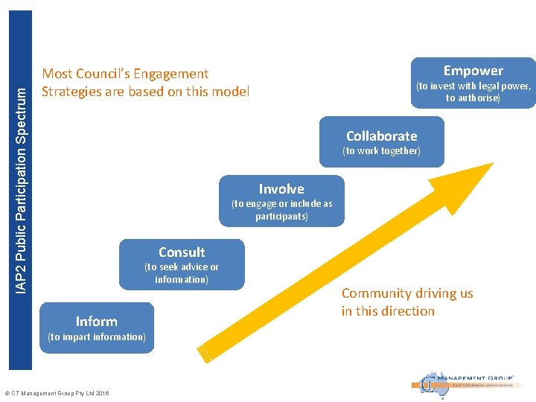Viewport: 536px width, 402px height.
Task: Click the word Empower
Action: [473, 71]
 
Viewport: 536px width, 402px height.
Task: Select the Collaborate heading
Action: [381, 135]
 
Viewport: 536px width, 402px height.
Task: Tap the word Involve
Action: [281, 188]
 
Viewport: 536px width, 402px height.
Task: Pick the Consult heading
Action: [182, 252]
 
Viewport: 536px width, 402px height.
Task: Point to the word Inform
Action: [96, 321]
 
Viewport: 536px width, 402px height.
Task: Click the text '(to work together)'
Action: [381, 151]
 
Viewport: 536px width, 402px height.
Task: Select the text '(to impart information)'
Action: [96, 337]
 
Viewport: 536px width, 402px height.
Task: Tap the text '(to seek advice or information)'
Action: [182, 273]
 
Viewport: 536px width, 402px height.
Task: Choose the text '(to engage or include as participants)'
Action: [281, 210]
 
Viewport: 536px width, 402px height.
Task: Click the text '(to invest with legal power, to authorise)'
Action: [473, 92]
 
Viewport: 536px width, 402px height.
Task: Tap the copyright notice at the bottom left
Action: [57, 393]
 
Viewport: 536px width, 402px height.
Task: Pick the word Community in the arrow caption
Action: [376, 293]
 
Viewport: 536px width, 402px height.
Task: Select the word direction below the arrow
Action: [407, 311]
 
